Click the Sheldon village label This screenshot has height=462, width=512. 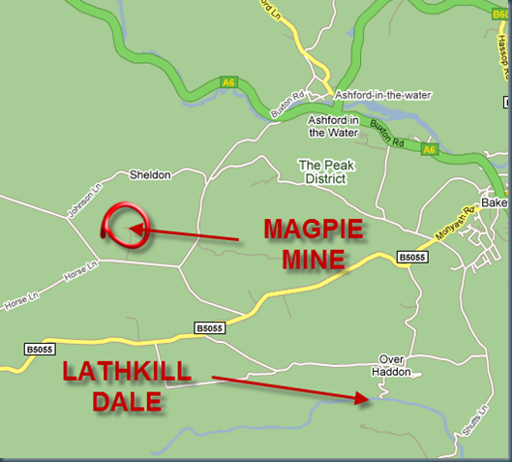(150, 175)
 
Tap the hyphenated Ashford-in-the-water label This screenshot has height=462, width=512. (382, 95)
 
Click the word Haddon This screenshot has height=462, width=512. (393, 372)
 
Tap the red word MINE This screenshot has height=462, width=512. (313, 260)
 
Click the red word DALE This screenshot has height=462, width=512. (127, 400)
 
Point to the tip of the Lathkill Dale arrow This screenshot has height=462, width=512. (367, 396)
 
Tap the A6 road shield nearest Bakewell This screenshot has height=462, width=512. (431, 149)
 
